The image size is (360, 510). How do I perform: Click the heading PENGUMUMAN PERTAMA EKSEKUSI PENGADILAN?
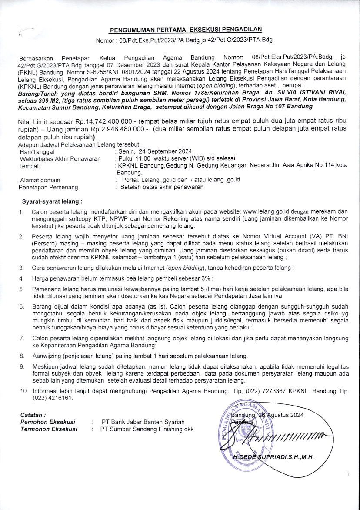pyautogui.click(x=186, y=30)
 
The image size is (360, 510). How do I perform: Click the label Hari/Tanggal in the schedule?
pyautogui.click(x=37, y=151)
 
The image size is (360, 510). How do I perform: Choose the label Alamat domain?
pyautogui.click(x=40, y=180)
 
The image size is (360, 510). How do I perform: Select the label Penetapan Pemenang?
pyautogui.click(x=48, y=187)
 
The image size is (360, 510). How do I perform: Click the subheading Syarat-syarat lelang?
pyautogui.click(x=52, y=201)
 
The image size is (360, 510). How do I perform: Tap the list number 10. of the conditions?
pyautogui.click(x=24, y=391)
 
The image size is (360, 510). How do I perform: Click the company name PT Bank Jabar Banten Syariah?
pyautogui.click(x=143, y=422)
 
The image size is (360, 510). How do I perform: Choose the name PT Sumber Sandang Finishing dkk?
pyautogui.click(x=147, y=429)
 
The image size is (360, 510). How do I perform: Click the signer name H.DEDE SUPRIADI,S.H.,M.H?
pyautogui.click(x=273, y=457)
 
